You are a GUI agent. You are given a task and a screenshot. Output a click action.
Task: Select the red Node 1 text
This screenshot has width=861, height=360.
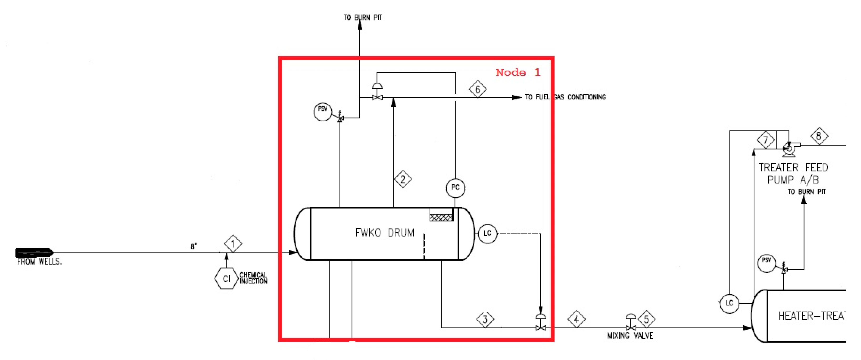pos(518,72)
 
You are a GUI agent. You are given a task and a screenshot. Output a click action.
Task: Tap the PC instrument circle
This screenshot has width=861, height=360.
pos(455,188)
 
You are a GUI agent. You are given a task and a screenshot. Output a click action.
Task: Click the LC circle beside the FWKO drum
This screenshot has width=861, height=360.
pos(487,233)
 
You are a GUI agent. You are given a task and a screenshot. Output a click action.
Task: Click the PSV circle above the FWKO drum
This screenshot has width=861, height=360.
pos(323,112)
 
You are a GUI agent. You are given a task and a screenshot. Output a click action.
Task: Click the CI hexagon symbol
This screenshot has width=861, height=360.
pos(226,278)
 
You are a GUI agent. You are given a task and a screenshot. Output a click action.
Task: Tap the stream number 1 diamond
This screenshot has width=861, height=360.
pos(233,244)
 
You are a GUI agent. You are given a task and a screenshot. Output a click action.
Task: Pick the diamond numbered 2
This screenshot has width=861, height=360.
pos(403,179)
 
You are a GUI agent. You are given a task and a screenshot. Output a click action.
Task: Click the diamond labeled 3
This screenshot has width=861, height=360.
pos(485,319)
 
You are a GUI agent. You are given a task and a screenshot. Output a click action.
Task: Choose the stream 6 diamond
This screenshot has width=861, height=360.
pos(478,89)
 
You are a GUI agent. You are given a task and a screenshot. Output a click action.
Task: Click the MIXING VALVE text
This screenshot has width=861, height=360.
pos(630,336)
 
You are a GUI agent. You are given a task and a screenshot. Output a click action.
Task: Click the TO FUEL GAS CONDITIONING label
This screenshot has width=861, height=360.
pos(565,97)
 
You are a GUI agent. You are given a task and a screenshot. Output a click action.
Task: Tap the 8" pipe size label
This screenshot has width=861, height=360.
pos(194,246)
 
